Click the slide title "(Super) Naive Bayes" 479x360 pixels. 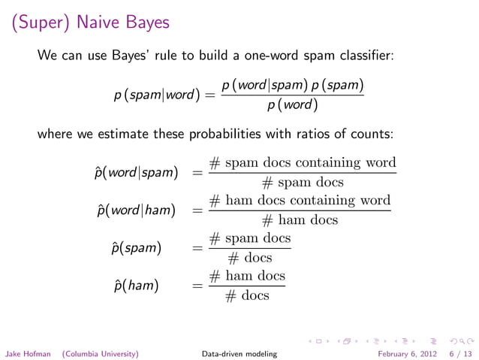point(90,23)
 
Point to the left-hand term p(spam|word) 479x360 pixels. point(157,96)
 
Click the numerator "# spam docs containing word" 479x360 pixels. point(302,163)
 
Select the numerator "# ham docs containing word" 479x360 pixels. point(300,201)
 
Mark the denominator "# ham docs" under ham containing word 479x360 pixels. point(300,220)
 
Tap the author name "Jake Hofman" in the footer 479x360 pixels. point(28,352)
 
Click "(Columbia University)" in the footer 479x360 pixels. point(100,352)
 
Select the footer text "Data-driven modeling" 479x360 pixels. point(239,352)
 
